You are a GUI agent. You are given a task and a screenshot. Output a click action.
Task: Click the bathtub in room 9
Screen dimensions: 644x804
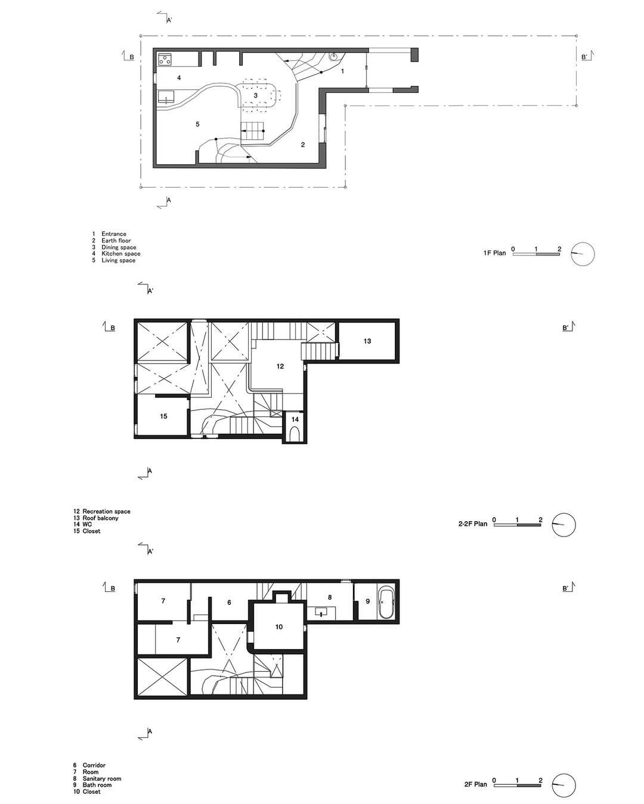385,602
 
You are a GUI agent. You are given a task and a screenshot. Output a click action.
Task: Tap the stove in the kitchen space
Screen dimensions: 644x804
165,58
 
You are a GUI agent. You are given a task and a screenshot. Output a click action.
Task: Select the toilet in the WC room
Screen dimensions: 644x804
295,435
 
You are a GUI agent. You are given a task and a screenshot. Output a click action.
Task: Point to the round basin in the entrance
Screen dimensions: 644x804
333,57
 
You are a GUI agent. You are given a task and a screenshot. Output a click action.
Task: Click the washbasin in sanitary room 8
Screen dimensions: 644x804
321,613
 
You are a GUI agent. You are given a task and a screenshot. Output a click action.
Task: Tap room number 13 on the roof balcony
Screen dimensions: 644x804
367,341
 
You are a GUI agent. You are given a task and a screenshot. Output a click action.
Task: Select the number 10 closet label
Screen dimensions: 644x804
279,627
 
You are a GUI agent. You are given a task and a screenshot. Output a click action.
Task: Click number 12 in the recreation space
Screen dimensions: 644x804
280,366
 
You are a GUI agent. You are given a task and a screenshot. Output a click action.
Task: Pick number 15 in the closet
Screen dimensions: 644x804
163,416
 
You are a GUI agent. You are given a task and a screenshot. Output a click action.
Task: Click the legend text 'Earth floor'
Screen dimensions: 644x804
116,241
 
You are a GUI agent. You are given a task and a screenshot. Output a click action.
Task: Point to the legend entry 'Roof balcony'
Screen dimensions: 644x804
100,518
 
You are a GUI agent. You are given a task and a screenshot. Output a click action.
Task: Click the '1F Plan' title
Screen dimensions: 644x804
494,253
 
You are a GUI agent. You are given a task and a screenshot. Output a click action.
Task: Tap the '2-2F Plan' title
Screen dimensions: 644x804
473,524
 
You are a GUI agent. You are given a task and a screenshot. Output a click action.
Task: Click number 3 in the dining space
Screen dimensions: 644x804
256,95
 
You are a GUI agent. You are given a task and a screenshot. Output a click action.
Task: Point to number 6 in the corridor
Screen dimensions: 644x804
229,602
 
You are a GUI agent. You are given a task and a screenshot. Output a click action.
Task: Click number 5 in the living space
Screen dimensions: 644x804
197,124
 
